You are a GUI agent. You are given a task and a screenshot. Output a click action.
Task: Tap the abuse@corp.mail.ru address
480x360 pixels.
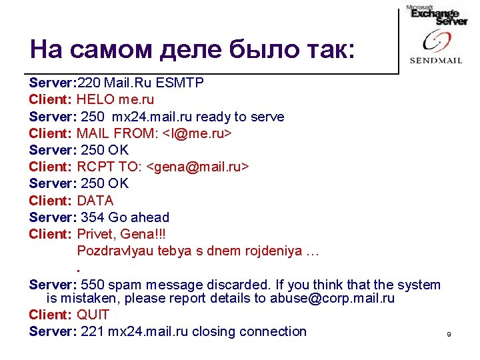point(332,299)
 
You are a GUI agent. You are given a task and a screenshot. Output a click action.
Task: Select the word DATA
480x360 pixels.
point(95,200)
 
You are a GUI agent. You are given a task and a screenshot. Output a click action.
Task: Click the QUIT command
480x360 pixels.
point(93,315)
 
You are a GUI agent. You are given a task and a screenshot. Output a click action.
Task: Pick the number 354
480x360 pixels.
point(92,217)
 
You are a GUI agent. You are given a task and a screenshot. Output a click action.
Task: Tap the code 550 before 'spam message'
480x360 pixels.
point(92,285)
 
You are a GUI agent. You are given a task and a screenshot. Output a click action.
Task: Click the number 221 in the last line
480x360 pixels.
point(92,331)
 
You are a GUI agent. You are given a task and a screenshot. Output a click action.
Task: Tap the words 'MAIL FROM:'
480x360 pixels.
point(117,133)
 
